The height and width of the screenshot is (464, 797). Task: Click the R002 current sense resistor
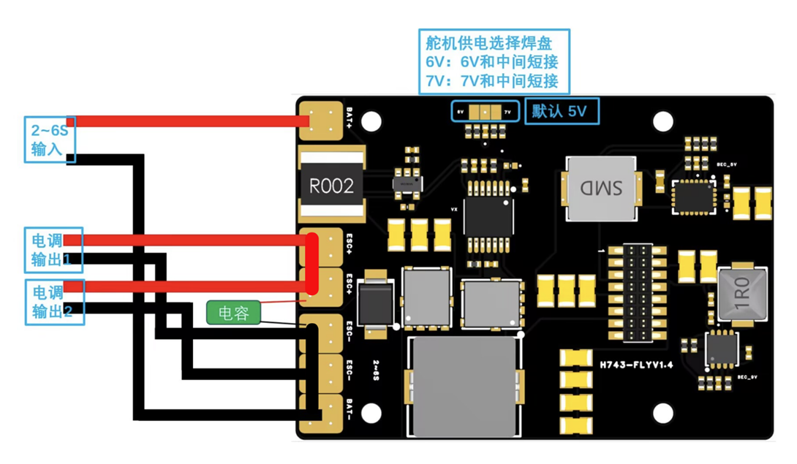coord(331,186)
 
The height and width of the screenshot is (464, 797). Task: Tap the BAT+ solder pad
coord(321,121)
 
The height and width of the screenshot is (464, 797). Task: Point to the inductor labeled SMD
coord(602,189)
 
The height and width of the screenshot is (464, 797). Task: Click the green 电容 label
coord(233,313)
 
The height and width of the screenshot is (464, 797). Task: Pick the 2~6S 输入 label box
coord(49,139)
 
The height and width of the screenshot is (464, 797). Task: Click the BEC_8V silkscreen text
coord(746,377)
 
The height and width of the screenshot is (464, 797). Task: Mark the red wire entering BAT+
coord(183,121)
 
